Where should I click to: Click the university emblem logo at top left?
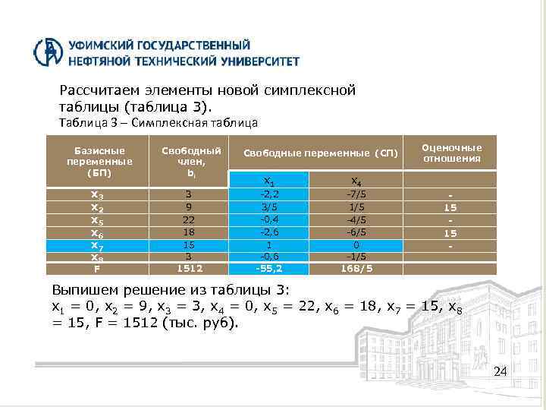pyautogui.click(x=49, y=52)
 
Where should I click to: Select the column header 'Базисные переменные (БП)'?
pyautogui.click(x=99, y=161)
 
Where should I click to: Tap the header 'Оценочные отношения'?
pyautogui.click(x=452, y=153)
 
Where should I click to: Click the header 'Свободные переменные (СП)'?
pyautogui.click(x=320, y=153)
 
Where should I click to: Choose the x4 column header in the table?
pyautogui.click(x=355, y=181)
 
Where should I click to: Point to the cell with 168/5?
pyautogui.click(x=355, y=268)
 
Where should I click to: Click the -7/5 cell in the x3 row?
pyautogui.click(x=355, y=194)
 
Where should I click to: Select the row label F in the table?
pyautogui.click(x=97, y=268)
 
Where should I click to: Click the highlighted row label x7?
pyautogui.click(x=97, y=244)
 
